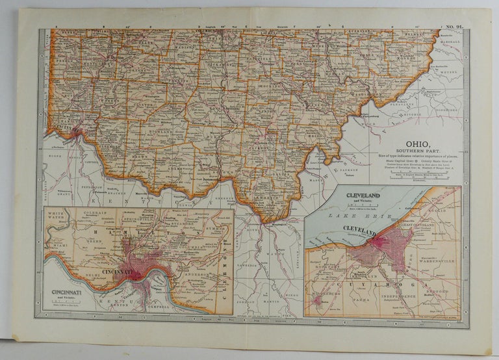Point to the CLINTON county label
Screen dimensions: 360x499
click(157, 103)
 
